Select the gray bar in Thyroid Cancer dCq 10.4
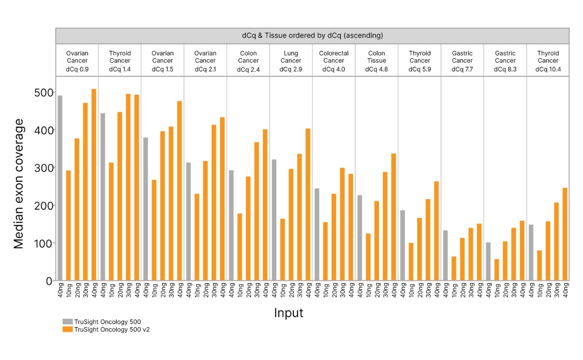[x=531, y=253]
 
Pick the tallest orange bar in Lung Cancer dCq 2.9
[x=308, y=204]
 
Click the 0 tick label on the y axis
[x=49, y=281]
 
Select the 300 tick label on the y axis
[x=43, y=168]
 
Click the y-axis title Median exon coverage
[x=19, y=183]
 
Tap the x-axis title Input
[x=288, y=313]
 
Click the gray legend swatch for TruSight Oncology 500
[x=67, y=322]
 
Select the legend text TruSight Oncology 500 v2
[x=112, y=330]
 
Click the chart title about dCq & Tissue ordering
[x=312, y=35]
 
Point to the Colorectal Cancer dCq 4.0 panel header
[x=334, y=61]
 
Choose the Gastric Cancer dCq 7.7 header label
[x=462, y=61]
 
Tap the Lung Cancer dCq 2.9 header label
[x=291, y=61]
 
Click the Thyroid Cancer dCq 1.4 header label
[x=120, y=61]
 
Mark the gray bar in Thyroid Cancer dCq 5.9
[x=403, y=245]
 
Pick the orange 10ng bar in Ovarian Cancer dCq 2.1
[x=197, y=237]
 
